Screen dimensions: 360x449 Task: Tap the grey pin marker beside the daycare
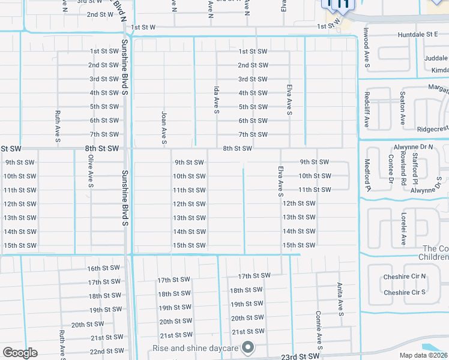tap(247, 347)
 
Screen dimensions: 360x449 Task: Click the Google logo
tap(20, 353)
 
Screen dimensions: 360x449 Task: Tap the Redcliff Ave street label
tap(366, 110)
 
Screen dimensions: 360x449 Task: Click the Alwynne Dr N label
tap(413, 146)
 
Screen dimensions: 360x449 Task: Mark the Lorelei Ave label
tap(404, 228)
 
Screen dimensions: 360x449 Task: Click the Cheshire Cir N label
tap(404, 277)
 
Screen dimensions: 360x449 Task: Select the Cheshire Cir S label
tap(404, 292)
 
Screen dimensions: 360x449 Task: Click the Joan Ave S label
tap(164, 128)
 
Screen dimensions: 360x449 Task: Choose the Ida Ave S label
tap(216, 100)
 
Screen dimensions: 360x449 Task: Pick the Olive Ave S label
tap(91, 170)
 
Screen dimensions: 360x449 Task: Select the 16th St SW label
tap(103, 268)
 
